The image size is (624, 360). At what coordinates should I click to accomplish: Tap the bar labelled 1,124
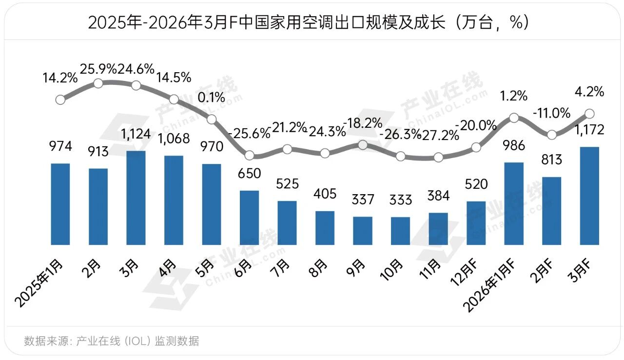tap(136, 198)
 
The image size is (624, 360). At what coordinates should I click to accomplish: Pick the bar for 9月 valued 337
tap(363, 230)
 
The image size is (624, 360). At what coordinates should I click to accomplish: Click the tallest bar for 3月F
tap(589, 196)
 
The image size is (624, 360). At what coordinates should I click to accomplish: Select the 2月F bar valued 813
tap(551, 211)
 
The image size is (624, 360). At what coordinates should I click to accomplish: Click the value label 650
tap(250, 174)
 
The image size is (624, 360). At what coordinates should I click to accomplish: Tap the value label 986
tap(513, 145)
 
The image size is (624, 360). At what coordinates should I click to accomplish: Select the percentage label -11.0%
tap(551, 114)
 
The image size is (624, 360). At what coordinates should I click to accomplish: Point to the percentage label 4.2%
tap(589, 91)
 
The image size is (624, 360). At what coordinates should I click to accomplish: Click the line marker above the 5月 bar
tap(212, 119)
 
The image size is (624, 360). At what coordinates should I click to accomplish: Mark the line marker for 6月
tap(250, 156)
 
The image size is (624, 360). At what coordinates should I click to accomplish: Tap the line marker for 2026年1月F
tap(513, 118)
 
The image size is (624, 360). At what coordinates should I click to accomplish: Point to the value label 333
tap(400, 200)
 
